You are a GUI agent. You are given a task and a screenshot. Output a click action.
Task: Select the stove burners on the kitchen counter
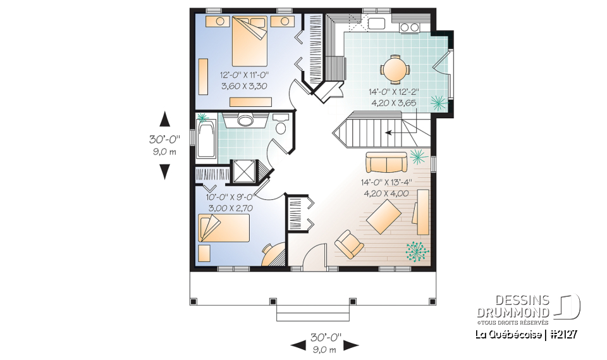(410, 27)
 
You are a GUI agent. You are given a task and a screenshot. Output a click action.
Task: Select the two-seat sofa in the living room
(386, 164)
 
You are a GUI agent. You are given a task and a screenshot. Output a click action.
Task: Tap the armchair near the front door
(348, 244)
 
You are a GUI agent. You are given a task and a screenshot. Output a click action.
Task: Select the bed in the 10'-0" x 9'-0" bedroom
(224, 228)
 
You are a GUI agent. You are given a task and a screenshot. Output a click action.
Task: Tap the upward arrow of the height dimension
(165, 119)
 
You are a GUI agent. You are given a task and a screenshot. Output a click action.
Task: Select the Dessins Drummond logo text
(513, 306)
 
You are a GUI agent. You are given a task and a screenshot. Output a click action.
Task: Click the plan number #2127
(565, 334)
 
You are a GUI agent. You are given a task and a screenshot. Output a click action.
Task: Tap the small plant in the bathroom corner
(202, 117)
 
